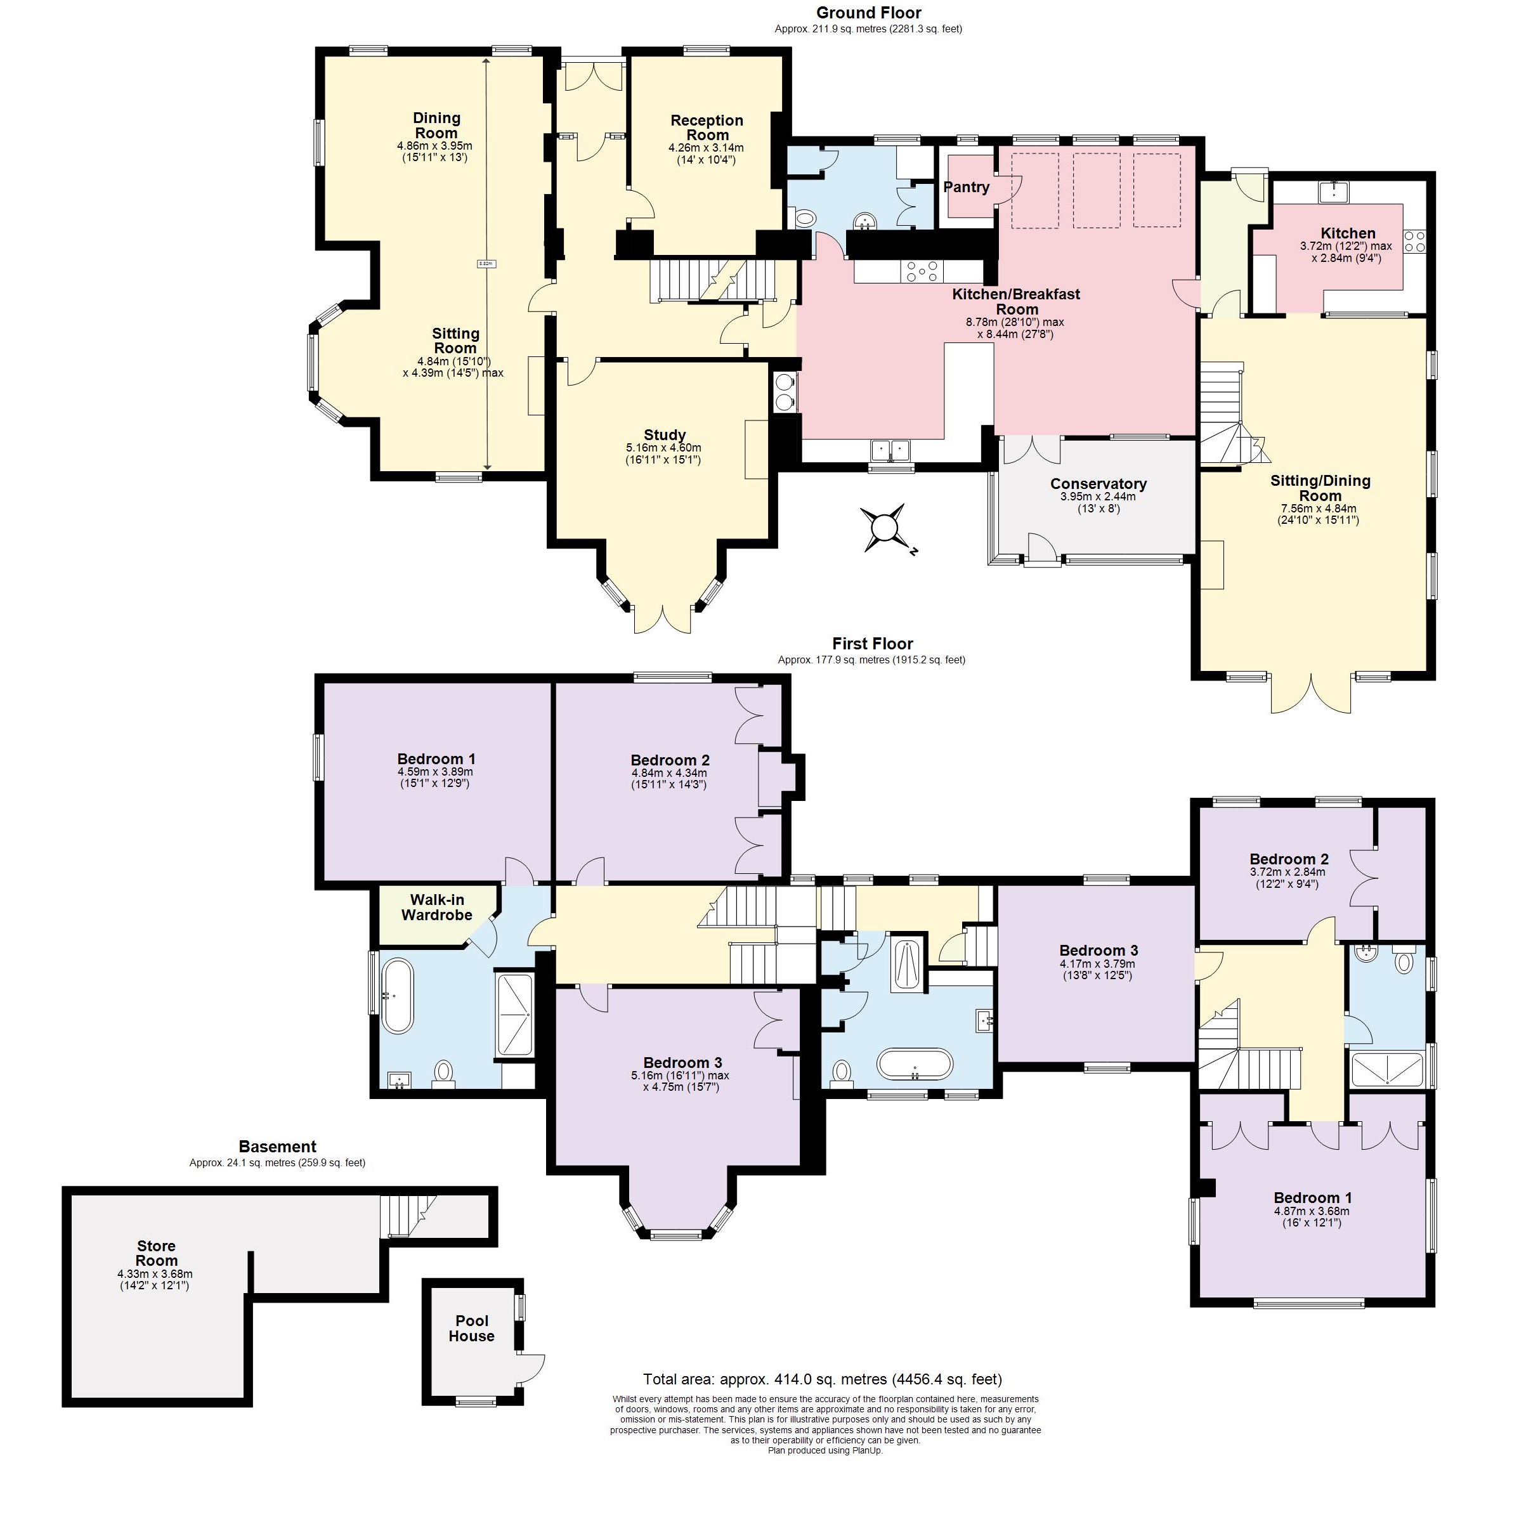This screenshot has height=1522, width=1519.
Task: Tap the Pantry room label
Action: click(x=967, y=188)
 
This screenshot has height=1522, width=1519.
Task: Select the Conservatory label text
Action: click(x=1099, y=484)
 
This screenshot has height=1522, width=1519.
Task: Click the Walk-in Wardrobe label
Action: click(x=436, y=907)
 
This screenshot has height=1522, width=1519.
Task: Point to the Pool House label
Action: click(x=471, y=1328)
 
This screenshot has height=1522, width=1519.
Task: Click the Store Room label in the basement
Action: click(x=156, y=1253)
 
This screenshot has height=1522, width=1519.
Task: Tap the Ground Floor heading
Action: click(x=868, y=13)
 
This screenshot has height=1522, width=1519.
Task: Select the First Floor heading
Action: click(x=872, y=644)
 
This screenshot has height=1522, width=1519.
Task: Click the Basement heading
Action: click(x=277, y=1147)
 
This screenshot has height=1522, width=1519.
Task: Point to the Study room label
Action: click(x=664, y=435)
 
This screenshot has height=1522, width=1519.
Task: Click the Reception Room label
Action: click(x=707, y=127)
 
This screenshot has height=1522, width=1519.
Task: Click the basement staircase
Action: click(x=406, y=1216)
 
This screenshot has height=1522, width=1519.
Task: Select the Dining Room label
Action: click(x=436, y=126)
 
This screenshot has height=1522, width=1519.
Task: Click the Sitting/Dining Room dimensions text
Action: click(x=1318, y=514)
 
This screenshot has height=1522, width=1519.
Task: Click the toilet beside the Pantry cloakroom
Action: click(x=804, y=218)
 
